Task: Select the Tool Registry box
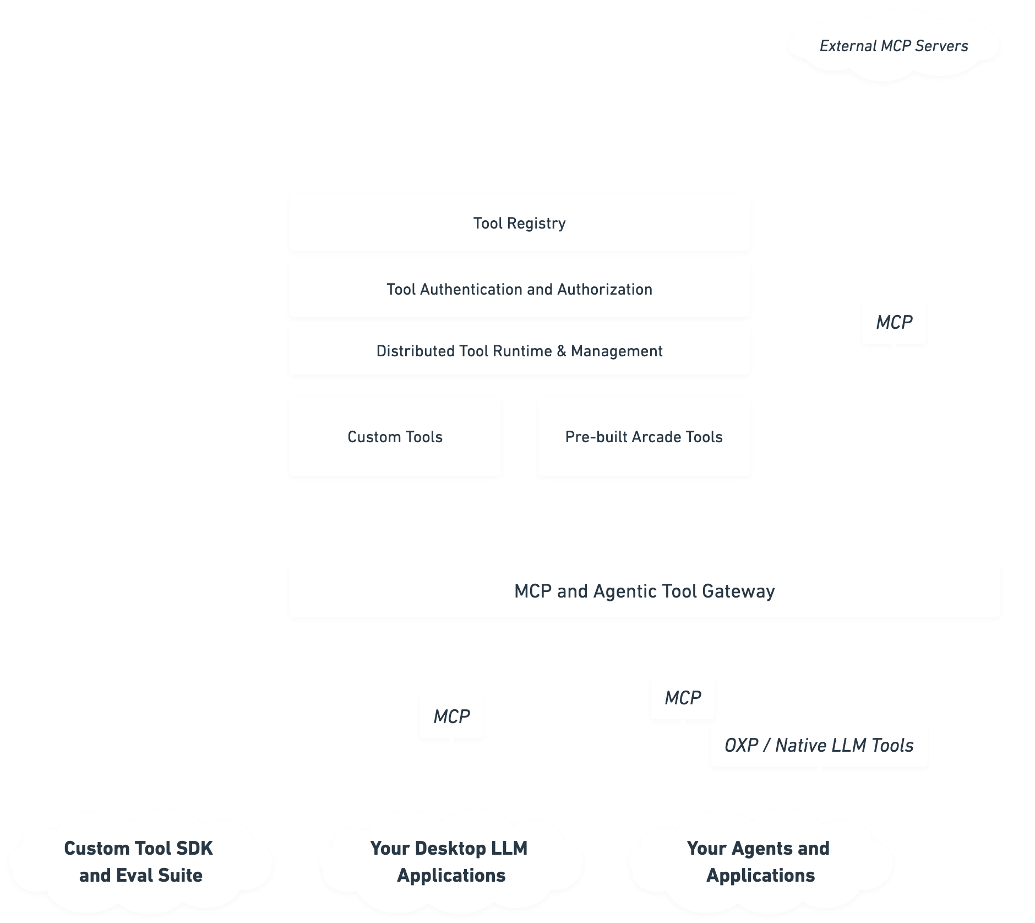pyautogui.click(x=519, y=222)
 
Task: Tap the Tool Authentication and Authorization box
pyautogui.click(x=519, y=289)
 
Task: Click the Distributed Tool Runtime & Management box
pyautogui.click(x=519, y=350)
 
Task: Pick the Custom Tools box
pyautogui.click(x=395, y=436)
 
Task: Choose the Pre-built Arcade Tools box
pyautogui.click(x=644, y=436)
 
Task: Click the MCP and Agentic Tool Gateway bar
pyautogui.click(x=644, y=590)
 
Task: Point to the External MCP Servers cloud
pyautogui.click(x=893, y=46)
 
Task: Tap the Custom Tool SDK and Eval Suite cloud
pyautogui.click(x=139, y=862)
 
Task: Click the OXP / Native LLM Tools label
pyautogui.click(x=819, y=745)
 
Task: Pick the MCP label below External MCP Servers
pyautogui.click(x=894, y=322)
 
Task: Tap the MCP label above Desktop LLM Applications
pyautogui.click(x=451, y=716)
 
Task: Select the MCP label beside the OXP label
pyautogui.click(x=682, y=697)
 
